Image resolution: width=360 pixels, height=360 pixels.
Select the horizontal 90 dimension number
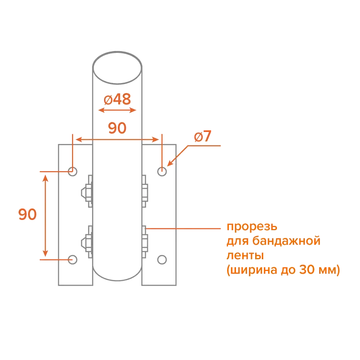pyautogui.click(x=117, y=128)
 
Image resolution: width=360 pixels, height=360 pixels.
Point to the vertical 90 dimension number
pyautogui.click(x=27, y=215)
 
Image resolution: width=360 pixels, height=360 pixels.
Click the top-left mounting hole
pyautogui.click(x=73, y=171)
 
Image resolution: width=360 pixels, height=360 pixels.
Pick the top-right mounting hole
pyautogui.click(x=162, y=171)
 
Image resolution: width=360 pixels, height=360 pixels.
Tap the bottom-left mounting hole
pyautogui.click(x=73, y=259)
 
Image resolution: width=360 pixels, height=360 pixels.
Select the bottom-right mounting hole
pyautogui.click(x=162, y=259)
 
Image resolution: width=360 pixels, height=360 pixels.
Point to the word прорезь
pyautogui.click(x=252, y=227)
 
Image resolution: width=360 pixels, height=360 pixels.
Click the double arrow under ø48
pyautogui.click(x=117, y=109)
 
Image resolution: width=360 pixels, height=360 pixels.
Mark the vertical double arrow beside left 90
pyautogui.click(x=44, y=215)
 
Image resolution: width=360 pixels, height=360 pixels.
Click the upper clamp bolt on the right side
pyautogui.click(x=145, y=192)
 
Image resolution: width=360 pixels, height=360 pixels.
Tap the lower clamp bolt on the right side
pyautogui.click(x=145, y=242)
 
